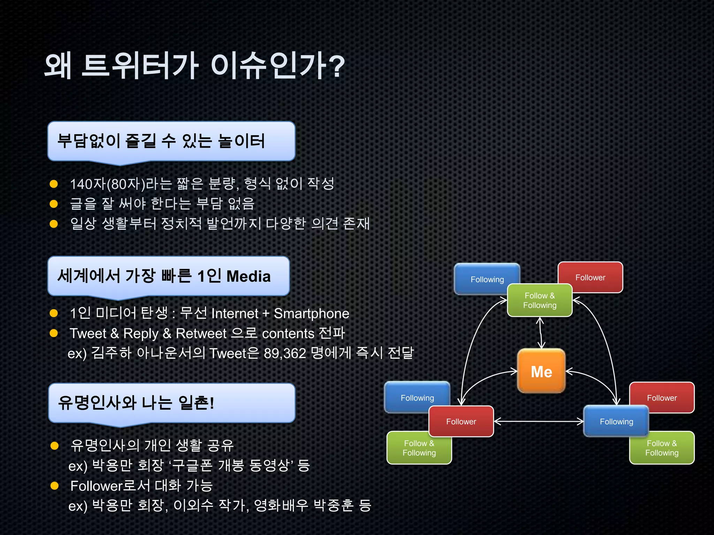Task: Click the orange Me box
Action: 541,371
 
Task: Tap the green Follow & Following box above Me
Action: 540,300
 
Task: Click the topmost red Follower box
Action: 590,277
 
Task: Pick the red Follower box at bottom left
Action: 461,421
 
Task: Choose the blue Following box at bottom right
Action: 616,421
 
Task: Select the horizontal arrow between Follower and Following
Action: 539,421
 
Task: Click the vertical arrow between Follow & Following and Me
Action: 540,333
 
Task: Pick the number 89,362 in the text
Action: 285,354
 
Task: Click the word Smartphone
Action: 311,313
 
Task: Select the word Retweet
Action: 201,334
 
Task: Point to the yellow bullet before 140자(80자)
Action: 54,184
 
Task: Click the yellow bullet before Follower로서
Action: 54,486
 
